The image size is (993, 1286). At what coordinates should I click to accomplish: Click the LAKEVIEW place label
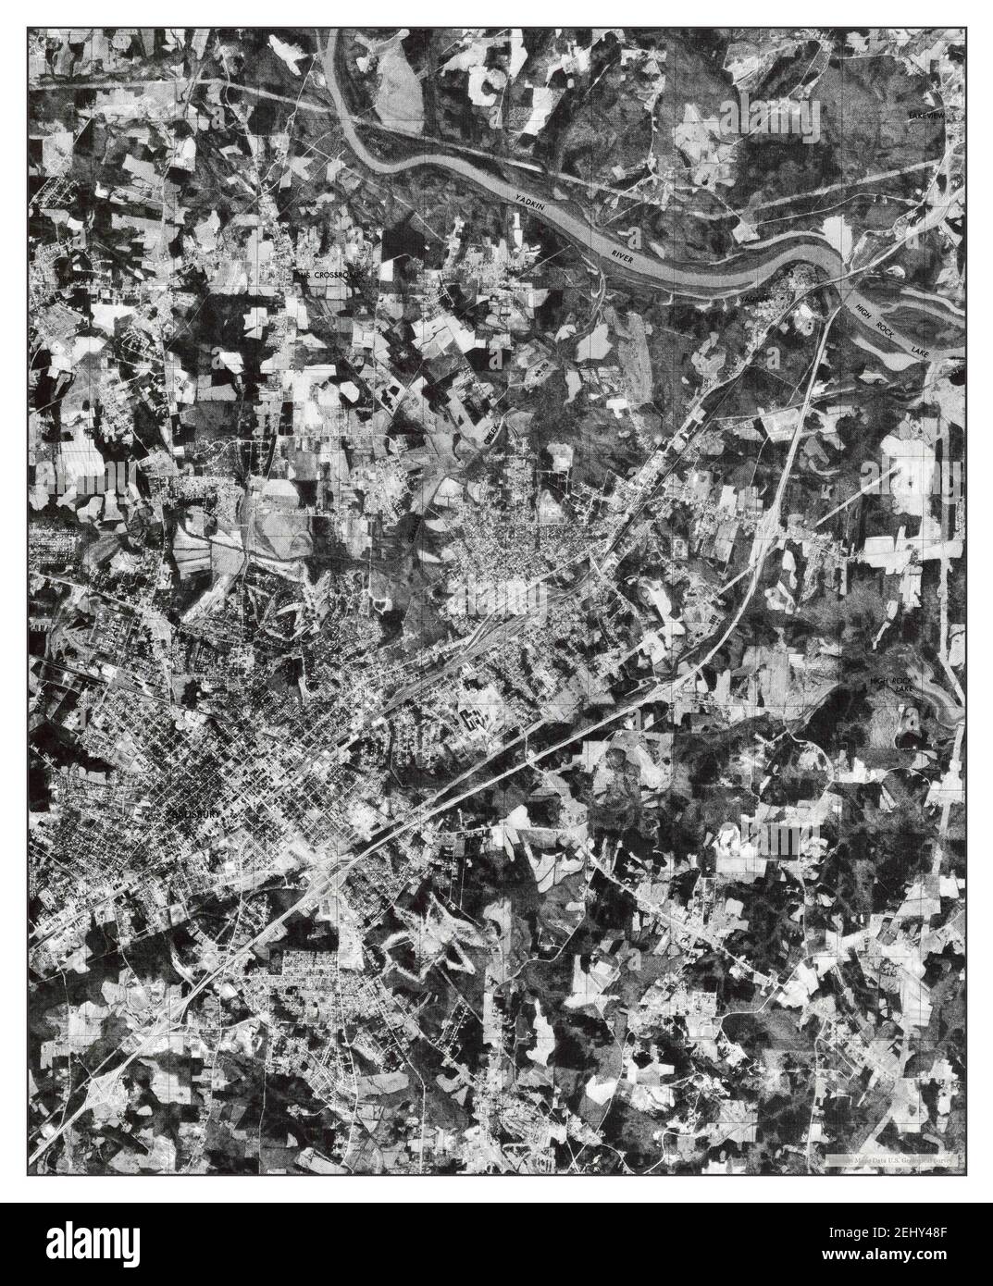(925, 116)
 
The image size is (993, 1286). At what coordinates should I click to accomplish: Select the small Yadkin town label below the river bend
(754, 300)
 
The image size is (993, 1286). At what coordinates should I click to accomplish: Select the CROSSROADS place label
(333, 275)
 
